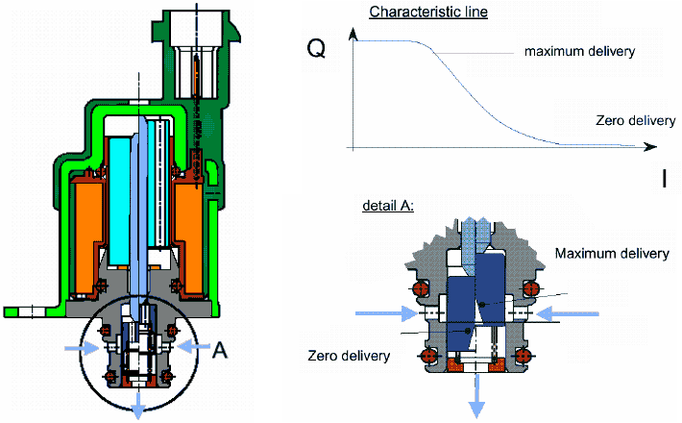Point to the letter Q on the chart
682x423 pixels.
click(315, 50)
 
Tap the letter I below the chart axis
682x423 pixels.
click(664, 178)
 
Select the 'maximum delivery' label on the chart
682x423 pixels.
click(580, 50)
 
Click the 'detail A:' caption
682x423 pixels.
click(388, 207)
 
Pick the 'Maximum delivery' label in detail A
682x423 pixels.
click(612, 253)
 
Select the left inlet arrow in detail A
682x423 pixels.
click(381, 313)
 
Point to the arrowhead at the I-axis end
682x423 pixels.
click(652, 147)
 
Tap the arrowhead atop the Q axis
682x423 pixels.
click(354, 35)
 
